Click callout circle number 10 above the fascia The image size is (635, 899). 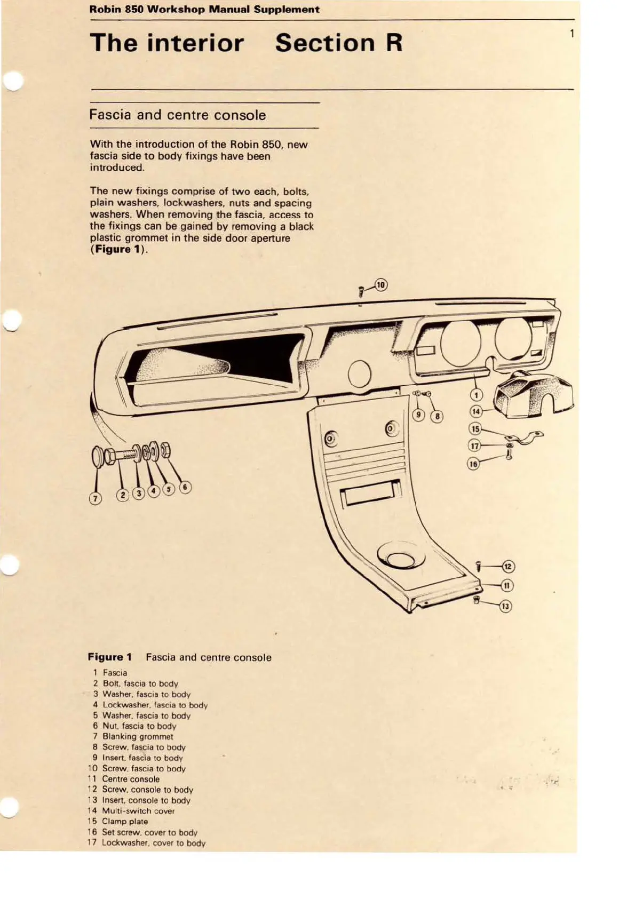(x=380, y=284)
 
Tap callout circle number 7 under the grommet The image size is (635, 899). (x=95, y=498)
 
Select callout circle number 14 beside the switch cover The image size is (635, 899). (x=475, y=411)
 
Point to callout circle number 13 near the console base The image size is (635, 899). (x=505, y=606)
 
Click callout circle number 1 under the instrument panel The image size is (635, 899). (x=475, y=395)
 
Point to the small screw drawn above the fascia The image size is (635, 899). (x=361, y=292)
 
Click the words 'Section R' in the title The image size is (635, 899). (x=338, y=43)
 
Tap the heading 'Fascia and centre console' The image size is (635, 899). (x=177, y=115)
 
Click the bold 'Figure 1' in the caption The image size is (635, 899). (x=109, y=657)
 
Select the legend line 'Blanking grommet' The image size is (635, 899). (x=138, y=737)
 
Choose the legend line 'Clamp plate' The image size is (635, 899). (x=125, y=822)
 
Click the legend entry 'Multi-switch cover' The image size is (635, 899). (x=138, y=811)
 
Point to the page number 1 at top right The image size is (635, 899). (x=571, y=34)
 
